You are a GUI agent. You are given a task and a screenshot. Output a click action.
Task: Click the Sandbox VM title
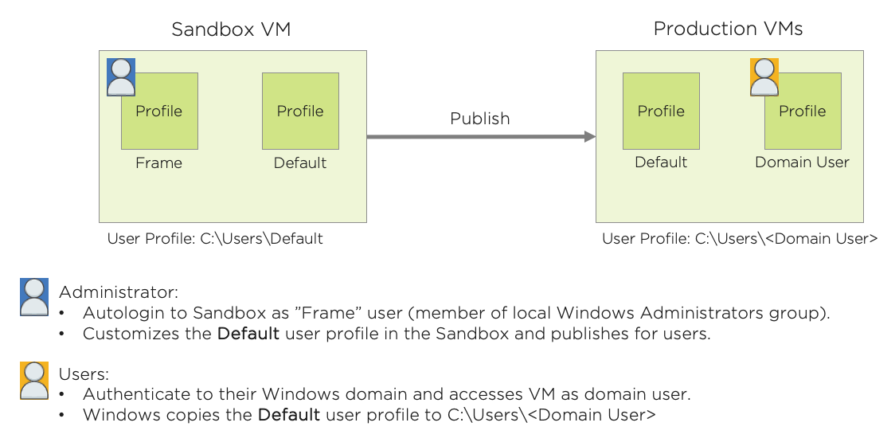tap(231, 30)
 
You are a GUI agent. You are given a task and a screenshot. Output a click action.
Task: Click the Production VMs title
tap(728, 29)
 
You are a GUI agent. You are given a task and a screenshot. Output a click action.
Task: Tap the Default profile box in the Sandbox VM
tap(300, 111)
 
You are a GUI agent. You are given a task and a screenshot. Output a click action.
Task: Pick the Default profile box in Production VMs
tap(661, 111)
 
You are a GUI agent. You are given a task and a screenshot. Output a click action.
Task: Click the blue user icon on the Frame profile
tap(121, 76)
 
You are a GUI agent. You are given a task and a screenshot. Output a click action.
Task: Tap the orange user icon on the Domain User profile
tap(764, 76)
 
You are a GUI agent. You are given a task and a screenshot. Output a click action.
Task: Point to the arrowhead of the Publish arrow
tap(590, 137)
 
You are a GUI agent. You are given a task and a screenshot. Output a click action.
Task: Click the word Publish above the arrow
tap(479, 119)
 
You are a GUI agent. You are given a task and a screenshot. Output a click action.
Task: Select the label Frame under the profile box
tap(158, 163)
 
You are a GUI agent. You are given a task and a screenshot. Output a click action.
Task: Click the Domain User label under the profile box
tap(802, 162)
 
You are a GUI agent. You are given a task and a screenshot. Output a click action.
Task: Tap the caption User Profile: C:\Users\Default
tap(215, 239)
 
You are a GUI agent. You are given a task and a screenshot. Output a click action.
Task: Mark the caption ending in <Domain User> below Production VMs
tap(740, 239)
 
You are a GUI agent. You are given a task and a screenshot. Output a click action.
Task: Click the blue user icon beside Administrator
tap(34, 297)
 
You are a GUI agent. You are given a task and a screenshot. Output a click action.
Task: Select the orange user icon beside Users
tap(34, 380)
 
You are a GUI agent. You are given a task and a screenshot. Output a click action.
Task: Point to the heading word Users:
tap(84, 374)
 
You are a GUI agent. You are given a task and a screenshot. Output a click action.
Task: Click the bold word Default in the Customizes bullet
tap(248, 334)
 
